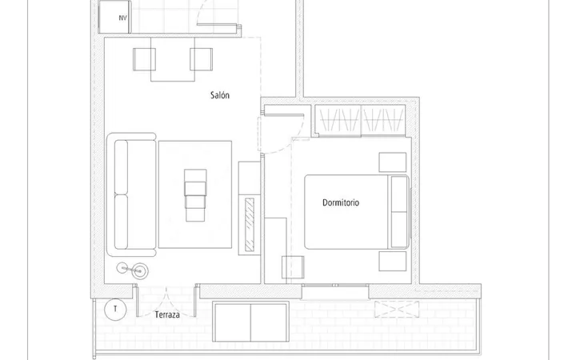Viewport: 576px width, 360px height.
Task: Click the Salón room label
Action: coord(220,95)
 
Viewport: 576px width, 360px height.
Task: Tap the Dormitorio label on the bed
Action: coord(341,202)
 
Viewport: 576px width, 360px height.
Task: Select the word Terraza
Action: coord(167,315)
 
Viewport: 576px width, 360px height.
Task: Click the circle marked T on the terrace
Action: coord(115,310)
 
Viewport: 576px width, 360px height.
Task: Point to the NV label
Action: coord(122,18)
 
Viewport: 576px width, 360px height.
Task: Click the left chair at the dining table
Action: coord(144,59)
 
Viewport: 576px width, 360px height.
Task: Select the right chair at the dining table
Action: coord(202,59)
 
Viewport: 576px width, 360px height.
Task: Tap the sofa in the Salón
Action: coord(131,194)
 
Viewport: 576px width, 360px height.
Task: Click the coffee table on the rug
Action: coord(195,195)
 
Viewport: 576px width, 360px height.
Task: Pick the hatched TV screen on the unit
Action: coord(250,225)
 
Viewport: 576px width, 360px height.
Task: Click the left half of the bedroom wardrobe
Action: coord(338,120)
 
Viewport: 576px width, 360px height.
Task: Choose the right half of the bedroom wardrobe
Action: coord(383,120)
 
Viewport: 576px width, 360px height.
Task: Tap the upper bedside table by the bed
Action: coord(393,162)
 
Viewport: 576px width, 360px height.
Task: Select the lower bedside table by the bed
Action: coord(393,261)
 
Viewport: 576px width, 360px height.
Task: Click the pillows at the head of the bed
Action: coord(399,211)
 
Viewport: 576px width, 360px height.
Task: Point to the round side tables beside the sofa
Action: coord(133,270)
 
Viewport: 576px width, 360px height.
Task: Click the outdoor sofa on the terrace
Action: coord(250,322)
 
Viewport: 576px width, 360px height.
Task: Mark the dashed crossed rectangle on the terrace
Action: coord(397,309)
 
